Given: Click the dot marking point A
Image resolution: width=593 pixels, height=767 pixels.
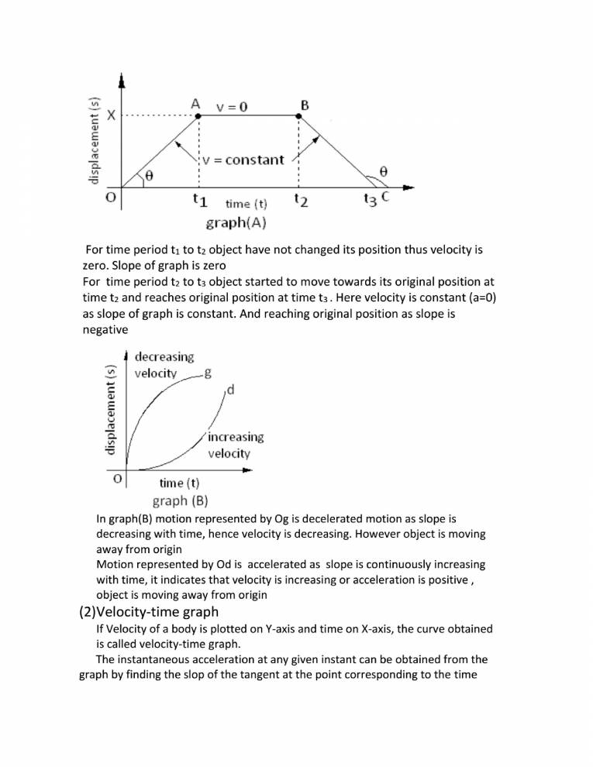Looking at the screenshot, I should pyautogui.click(x=199, y=116).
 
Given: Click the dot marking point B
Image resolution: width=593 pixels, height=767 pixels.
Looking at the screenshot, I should pyautogui.click(x=299, y=116).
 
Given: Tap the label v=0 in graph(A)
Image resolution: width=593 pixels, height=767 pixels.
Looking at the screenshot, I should pyautogui.click(x=232, y=107).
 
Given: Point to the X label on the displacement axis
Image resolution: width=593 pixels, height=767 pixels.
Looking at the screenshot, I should pyautogui.click(x=111, y=115).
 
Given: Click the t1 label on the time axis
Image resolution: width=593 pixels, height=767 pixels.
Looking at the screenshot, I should pyautogui.click(x=199, y=200).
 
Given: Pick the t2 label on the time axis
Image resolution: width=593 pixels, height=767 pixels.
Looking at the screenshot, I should pyautogui.click(x=302, y=200).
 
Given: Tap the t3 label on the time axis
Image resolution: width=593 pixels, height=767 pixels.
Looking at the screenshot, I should pyautogui.click(x=371, y=200).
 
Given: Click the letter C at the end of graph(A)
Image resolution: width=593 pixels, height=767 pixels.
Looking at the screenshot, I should pyautogui.click(x=385, y=198).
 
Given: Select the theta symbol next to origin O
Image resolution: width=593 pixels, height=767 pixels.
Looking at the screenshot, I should pyautogui.click(x=149, y=176).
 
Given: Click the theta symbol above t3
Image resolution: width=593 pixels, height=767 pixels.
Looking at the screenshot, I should pyautogui.click(x=382, y=170).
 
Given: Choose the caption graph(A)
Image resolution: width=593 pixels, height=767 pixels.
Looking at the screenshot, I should pyautogui.click(x=236, y=223).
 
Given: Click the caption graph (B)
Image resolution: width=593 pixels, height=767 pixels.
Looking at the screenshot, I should pyautogui.click(x=180, y=500).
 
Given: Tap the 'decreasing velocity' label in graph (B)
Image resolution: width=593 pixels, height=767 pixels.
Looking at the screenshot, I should pyautogui.click(x=164, y=365).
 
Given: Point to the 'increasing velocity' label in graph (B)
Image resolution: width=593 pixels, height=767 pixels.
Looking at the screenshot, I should pyautogui.click(x=235, y=445).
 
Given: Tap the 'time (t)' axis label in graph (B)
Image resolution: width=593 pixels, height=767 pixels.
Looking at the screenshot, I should pyautogui.click(x=179, y=483).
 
